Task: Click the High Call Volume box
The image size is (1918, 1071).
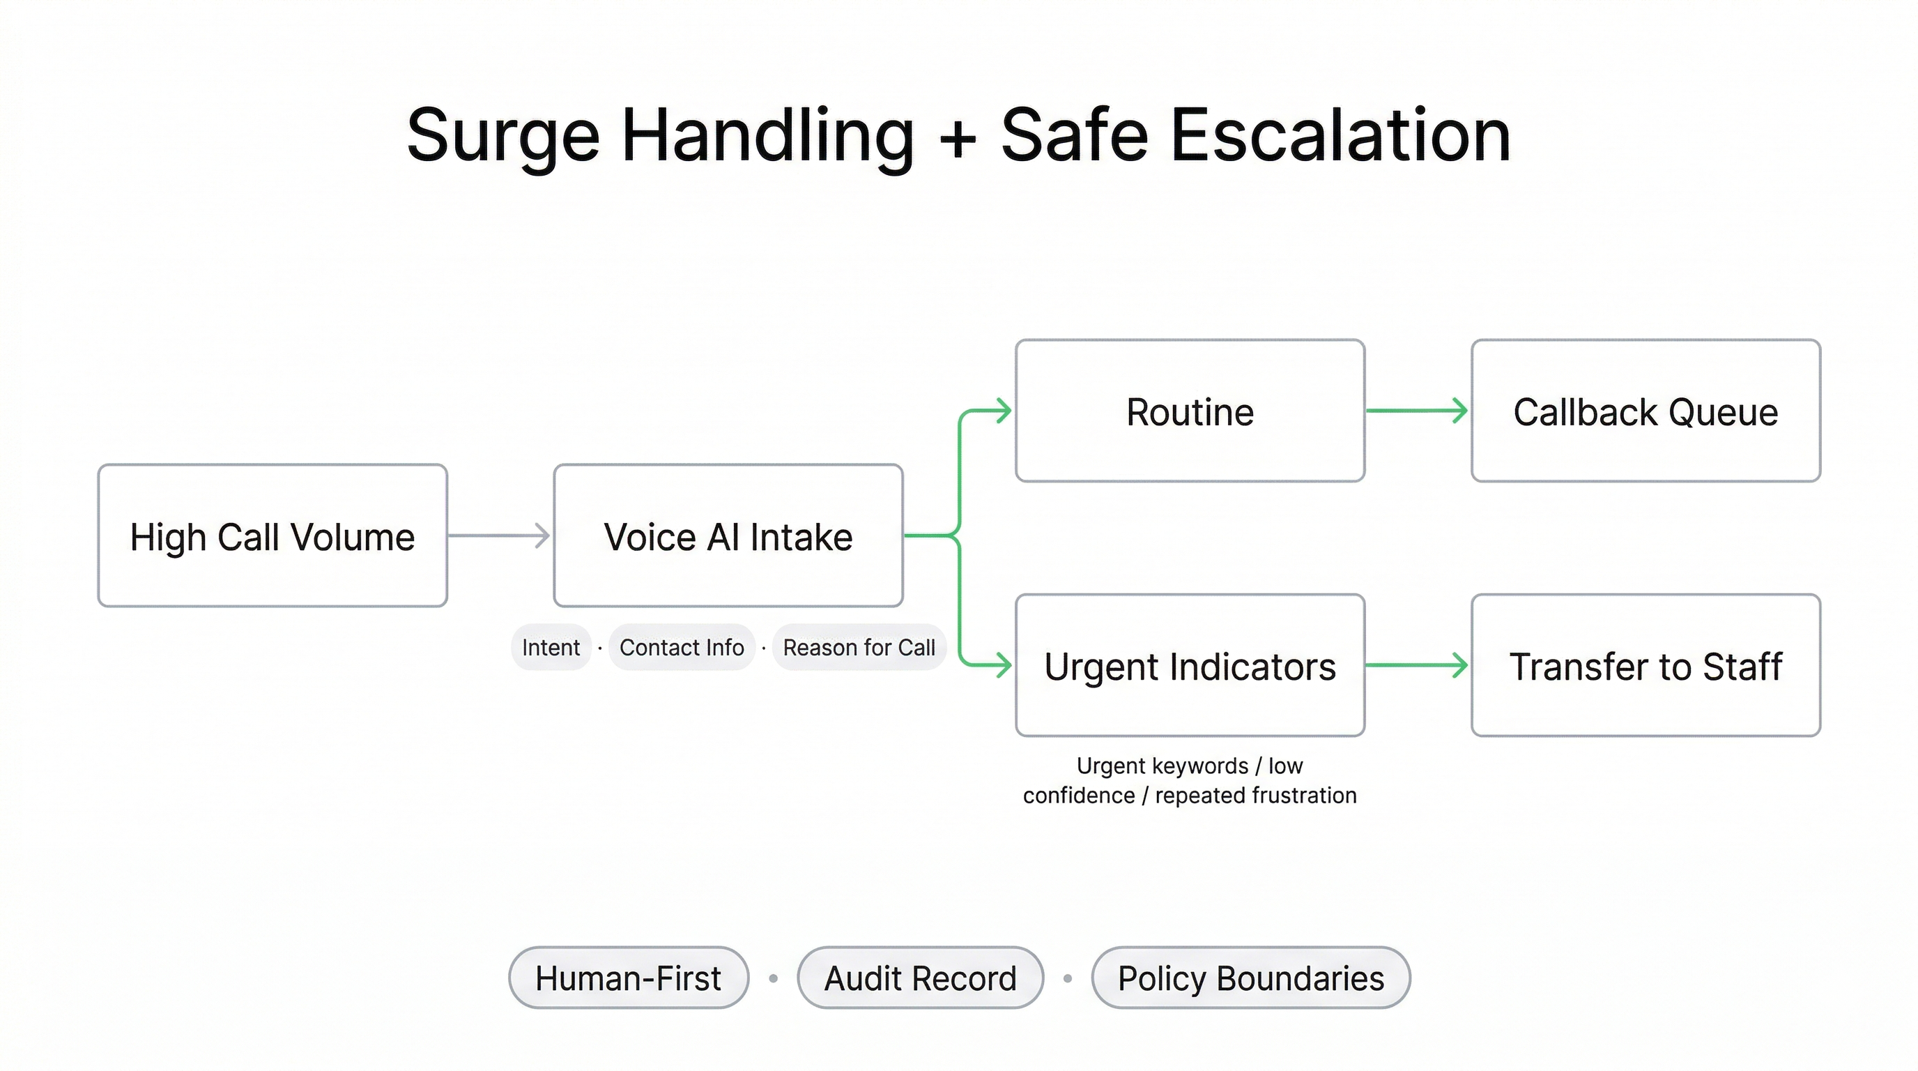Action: click(273, 535)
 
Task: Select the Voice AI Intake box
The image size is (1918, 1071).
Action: click(728, 535)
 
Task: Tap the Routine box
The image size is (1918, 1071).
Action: click(1190, 411)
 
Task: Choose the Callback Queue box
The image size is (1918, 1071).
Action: click(1645, 411)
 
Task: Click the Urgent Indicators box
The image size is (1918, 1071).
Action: click(1190, 665)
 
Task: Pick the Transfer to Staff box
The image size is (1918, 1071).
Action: click(1645, 665)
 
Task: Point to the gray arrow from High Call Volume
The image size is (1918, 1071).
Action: click(499, 535)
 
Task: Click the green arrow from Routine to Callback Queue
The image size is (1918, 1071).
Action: click(1416, 411)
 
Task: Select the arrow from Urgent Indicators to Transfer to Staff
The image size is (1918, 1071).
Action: click(1416, 665)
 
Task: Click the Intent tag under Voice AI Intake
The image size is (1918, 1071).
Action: click(551, 647)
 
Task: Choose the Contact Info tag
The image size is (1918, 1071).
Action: click(682, 647)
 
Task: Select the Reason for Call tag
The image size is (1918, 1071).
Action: click(859, 647)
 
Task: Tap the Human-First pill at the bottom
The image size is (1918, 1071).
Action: click(629, 978)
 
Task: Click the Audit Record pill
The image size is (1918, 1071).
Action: click(920, 978)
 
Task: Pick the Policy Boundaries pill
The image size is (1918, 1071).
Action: click(1251, 978)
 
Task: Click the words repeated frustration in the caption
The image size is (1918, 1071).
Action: click(1256, 796)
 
